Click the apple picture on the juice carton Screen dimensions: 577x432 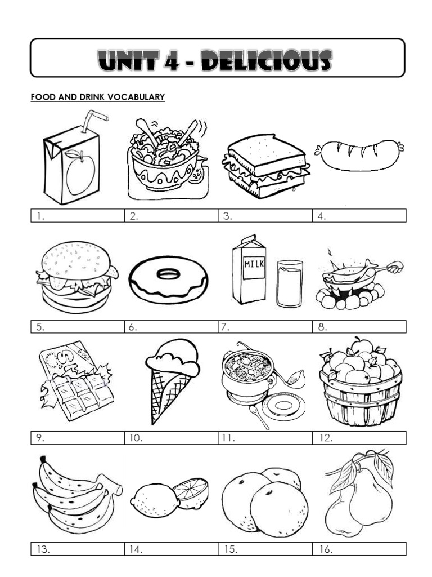click(x=79, y=171)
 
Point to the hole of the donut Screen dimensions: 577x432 click(x=168, y=274)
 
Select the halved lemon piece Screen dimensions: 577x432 click(x=191, y=490)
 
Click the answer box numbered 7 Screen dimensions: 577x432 click(x=265, y=327)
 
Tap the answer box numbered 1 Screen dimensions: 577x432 click(x=77, y=216)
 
